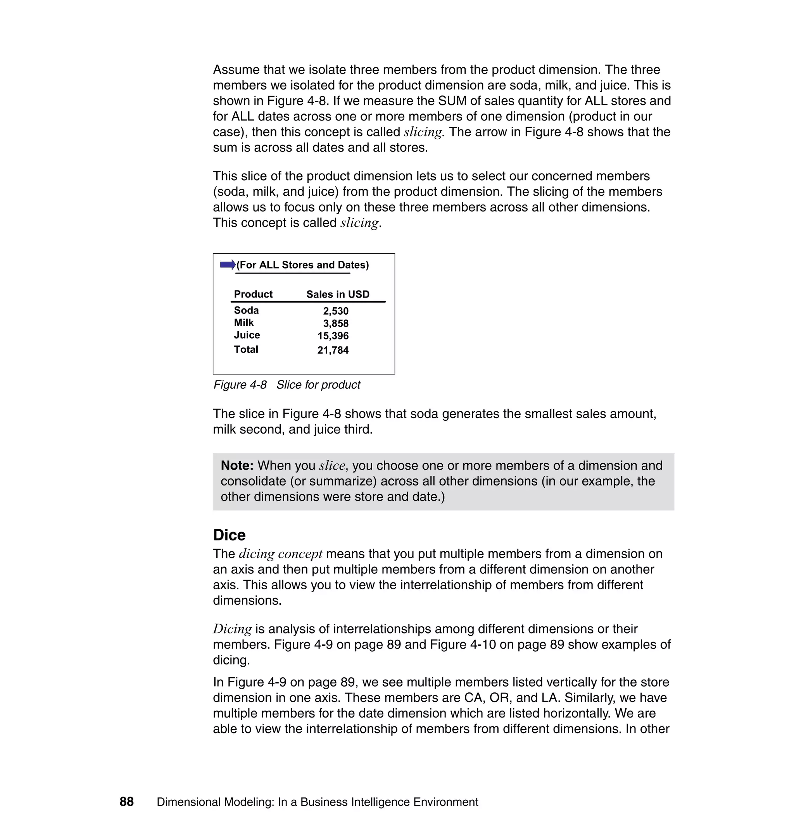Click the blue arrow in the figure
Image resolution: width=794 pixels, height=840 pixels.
point(228,265)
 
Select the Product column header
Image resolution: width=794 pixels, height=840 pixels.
point(253,294)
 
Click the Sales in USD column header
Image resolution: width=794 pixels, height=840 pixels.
point(338,294)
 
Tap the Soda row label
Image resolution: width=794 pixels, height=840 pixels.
point(246,310)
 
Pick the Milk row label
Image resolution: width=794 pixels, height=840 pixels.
point(244,323)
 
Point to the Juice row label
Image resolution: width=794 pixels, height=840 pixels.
point(247,335)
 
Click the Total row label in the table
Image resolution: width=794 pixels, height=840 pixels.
point(246,349)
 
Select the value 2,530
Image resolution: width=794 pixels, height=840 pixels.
point(336,311)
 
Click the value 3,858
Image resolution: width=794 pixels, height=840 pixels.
point(336,324)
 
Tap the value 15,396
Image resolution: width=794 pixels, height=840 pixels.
point(333,336)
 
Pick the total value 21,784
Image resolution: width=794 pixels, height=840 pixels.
point(333,350)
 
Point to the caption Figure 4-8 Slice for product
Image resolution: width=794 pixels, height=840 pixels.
point(287,384)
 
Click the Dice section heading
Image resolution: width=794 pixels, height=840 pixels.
point(229,535)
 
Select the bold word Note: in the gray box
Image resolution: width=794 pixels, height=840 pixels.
point(237,465)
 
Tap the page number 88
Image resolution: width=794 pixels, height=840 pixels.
point(126,802)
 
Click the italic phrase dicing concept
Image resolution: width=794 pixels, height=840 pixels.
point(281,554)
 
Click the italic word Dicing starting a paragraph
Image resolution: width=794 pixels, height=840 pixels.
point(232,628)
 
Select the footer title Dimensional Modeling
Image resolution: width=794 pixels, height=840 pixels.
point(318,802)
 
